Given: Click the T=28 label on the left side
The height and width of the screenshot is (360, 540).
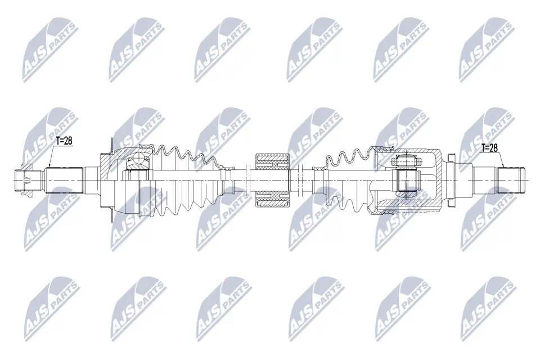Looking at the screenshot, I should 64,141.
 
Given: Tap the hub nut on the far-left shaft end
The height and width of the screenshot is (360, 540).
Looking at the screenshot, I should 23,179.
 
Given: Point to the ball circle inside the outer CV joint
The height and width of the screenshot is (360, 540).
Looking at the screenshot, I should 137,163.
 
